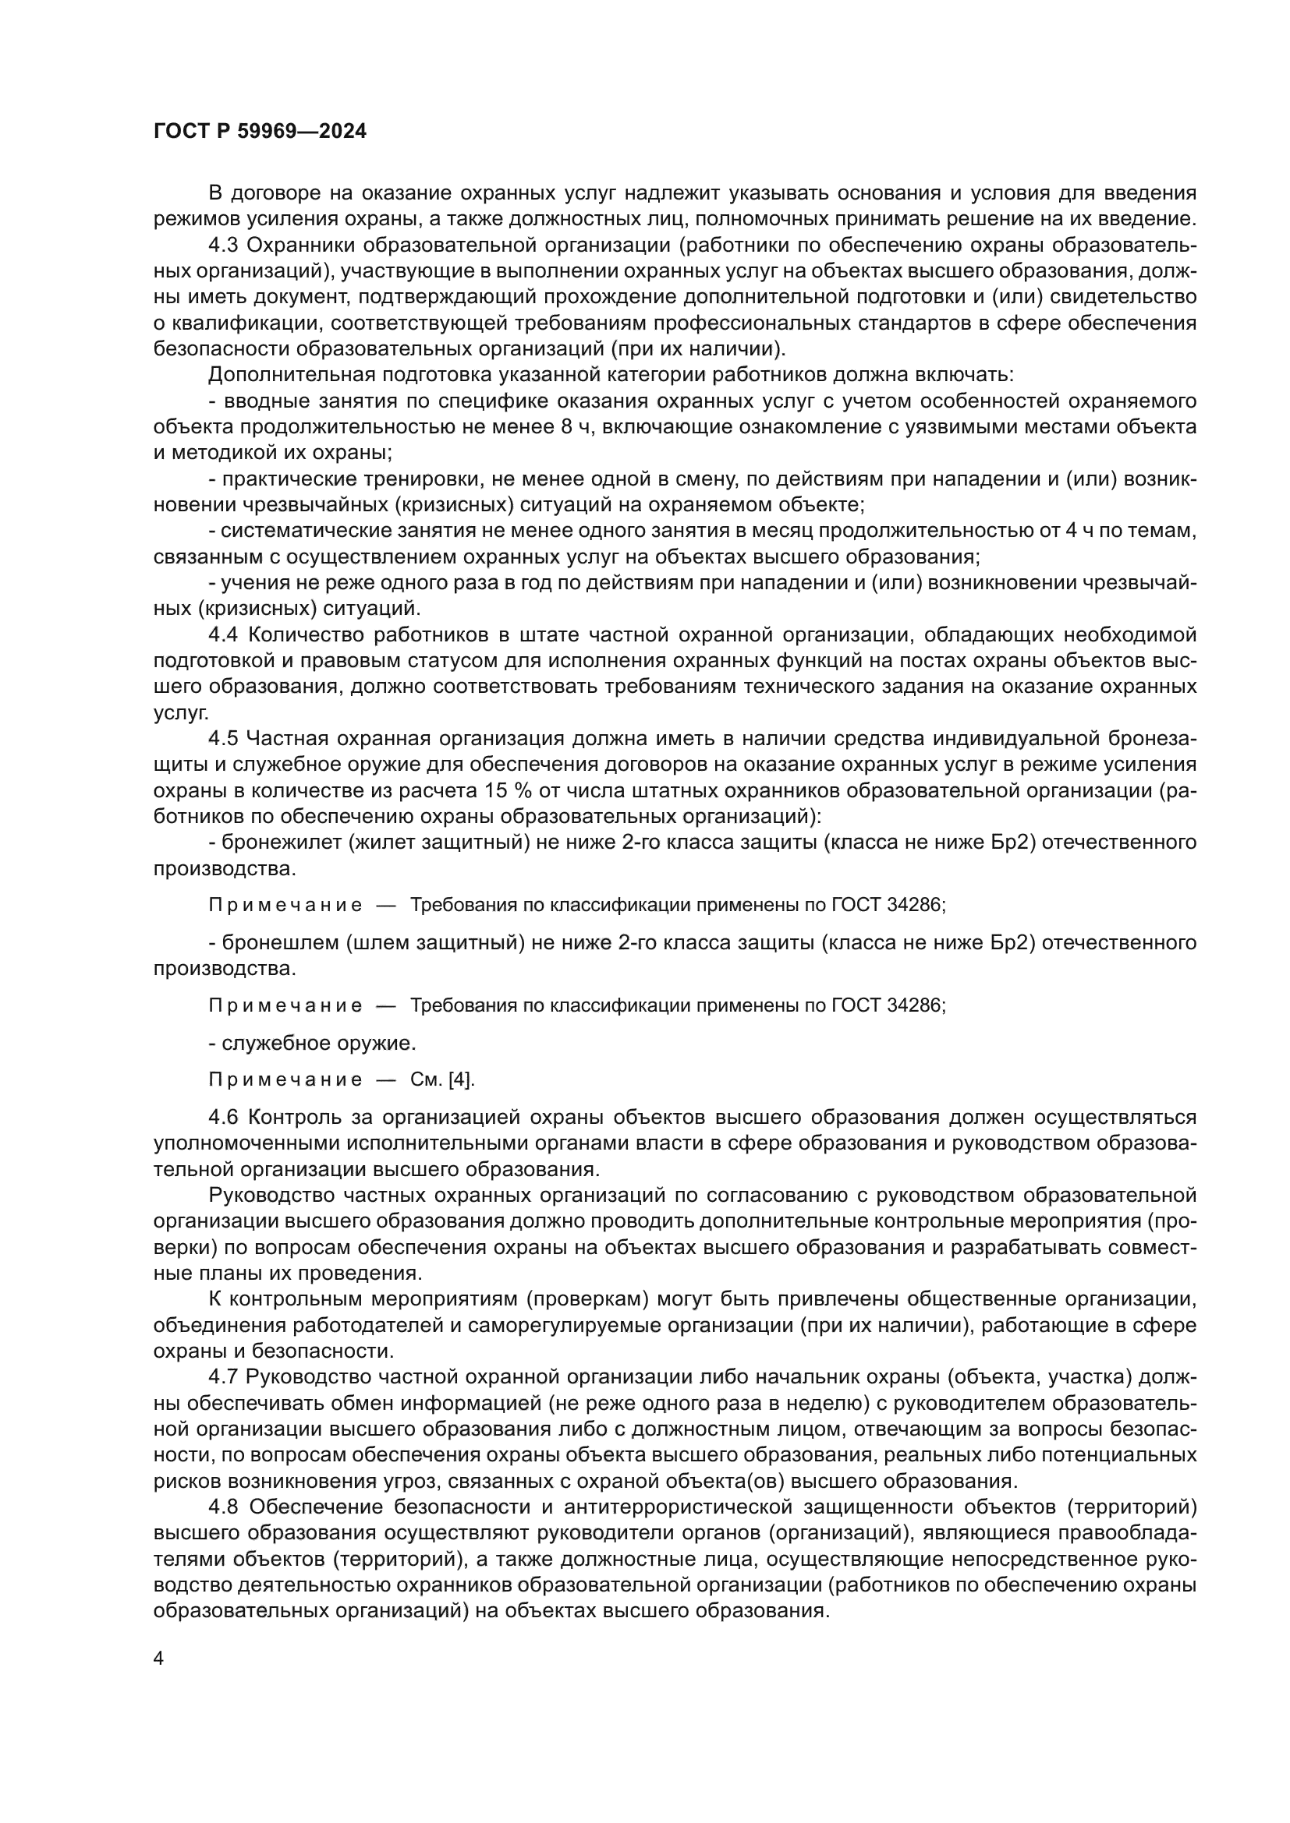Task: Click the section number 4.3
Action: pos(222,246)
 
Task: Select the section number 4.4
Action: pos(222,634)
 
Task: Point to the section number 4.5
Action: pos(222,738)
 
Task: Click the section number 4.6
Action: pos(222,1117)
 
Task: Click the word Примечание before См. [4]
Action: pos(285,1079)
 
